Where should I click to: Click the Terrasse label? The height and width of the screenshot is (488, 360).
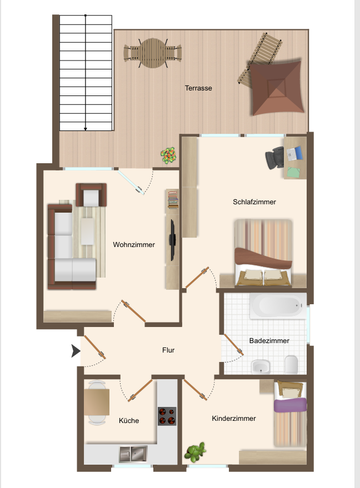click(198, 88)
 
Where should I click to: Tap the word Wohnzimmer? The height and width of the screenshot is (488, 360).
click(134, 245)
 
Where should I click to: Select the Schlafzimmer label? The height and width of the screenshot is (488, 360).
click(254, 202)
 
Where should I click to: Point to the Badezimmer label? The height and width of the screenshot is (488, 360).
click(269, 341)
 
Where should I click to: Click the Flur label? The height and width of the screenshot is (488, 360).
click(168, 350)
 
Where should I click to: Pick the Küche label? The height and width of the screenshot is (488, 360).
click(129, 420)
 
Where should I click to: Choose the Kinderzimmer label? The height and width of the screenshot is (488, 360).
click(234, 419)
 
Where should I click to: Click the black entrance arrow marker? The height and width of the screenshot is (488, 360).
click(76, 351)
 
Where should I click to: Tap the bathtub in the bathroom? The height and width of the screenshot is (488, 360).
click(279, 305)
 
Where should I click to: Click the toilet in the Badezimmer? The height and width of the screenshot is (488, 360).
click(291, 364)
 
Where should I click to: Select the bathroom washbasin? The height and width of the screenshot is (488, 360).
click(261, 366)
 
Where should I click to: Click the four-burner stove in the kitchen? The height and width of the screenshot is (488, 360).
click(167, 416)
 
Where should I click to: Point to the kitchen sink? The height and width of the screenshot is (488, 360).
click(133, 454)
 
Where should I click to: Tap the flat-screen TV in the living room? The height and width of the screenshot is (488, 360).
click(172, 240)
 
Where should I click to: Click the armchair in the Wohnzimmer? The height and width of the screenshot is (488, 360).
click(91, 195)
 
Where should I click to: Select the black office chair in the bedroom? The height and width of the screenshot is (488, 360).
click(274, 158)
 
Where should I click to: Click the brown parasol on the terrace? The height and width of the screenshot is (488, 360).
click(277, 88)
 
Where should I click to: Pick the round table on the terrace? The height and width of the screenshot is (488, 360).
click(153, 53)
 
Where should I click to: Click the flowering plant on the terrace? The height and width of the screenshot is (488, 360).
click(168, 155)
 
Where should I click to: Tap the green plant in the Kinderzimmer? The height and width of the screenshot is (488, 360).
click(195, 452)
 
